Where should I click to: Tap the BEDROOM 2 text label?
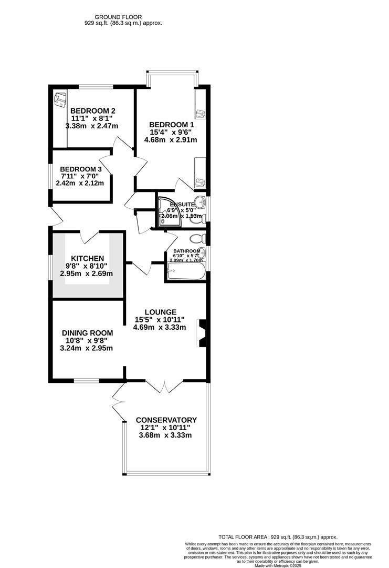pyautogui.click(x=92, y=110)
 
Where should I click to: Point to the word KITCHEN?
pyautogui.click(x=88, y=258)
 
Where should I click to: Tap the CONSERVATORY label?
pyautogui.click(x=166, y=420)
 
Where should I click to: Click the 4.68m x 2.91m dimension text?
pyautogui.click(x=171, y=140)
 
